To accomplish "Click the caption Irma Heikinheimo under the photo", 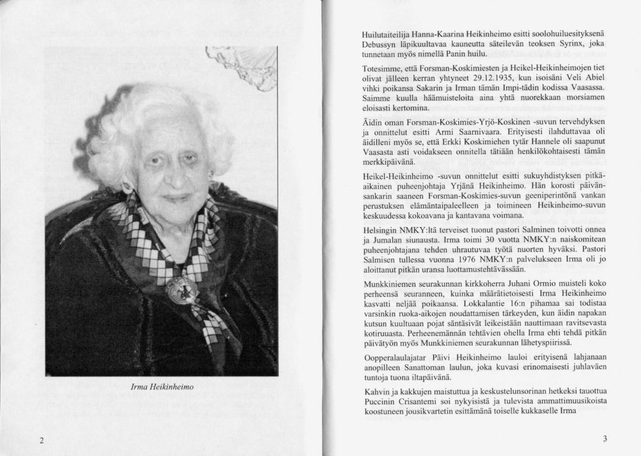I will [x=162, y=387].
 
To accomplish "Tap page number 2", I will [x=41, y=440].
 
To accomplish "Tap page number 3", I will [x=604, y=439].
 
